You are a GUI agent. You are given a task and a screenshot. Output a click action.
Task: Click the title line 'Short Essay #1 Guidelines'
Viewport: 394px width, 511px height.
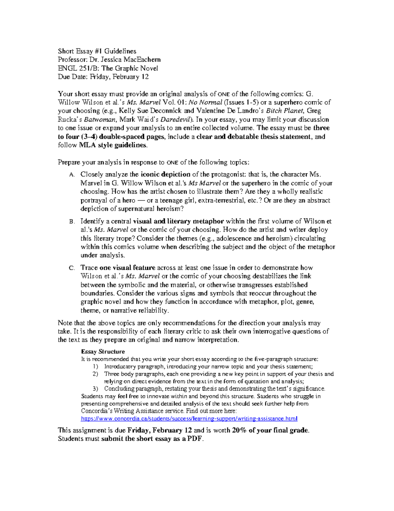(x=97, y=51)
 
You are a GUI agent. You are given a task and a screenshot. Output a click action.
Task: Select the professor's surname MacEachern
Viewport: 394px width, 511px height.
(x=142, y=60)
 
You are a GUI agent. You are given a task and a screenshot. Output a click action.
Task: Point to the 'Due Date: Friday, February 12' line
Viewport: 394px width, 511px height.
(x=103, y=77)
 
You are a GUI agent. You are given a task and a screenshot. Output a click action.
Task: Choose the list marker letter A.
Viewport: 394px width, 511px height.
(x=72, y=175)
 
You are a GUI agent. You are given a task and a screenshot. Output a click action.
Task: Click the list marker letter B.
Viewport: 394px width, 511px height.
(x=72, y=222)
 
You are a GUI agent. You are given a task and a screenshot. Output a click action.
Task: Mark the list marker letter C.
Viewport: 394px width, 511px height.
(x=72, y=268)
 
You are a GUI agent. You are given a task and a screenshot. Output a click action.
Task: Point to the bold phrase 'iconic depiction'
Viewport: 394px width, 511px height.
(x=165, y=174)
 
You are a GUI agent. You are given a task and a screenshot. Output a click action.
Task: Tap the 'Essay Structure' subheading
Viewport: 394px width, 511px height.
(x=103, y=351)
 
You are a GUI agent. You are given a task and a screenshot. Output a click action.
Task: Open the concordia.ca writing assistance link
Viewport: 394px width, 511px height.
(x=189, y=419)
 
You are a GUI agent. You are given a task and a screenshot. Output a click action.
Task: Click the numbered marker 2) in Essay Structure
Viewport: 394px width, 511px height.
(x=95, y=374)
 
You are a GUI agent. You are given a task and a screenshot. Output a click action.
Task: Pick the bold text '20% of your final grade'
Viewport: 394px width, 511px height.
(x=270, y=430)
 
